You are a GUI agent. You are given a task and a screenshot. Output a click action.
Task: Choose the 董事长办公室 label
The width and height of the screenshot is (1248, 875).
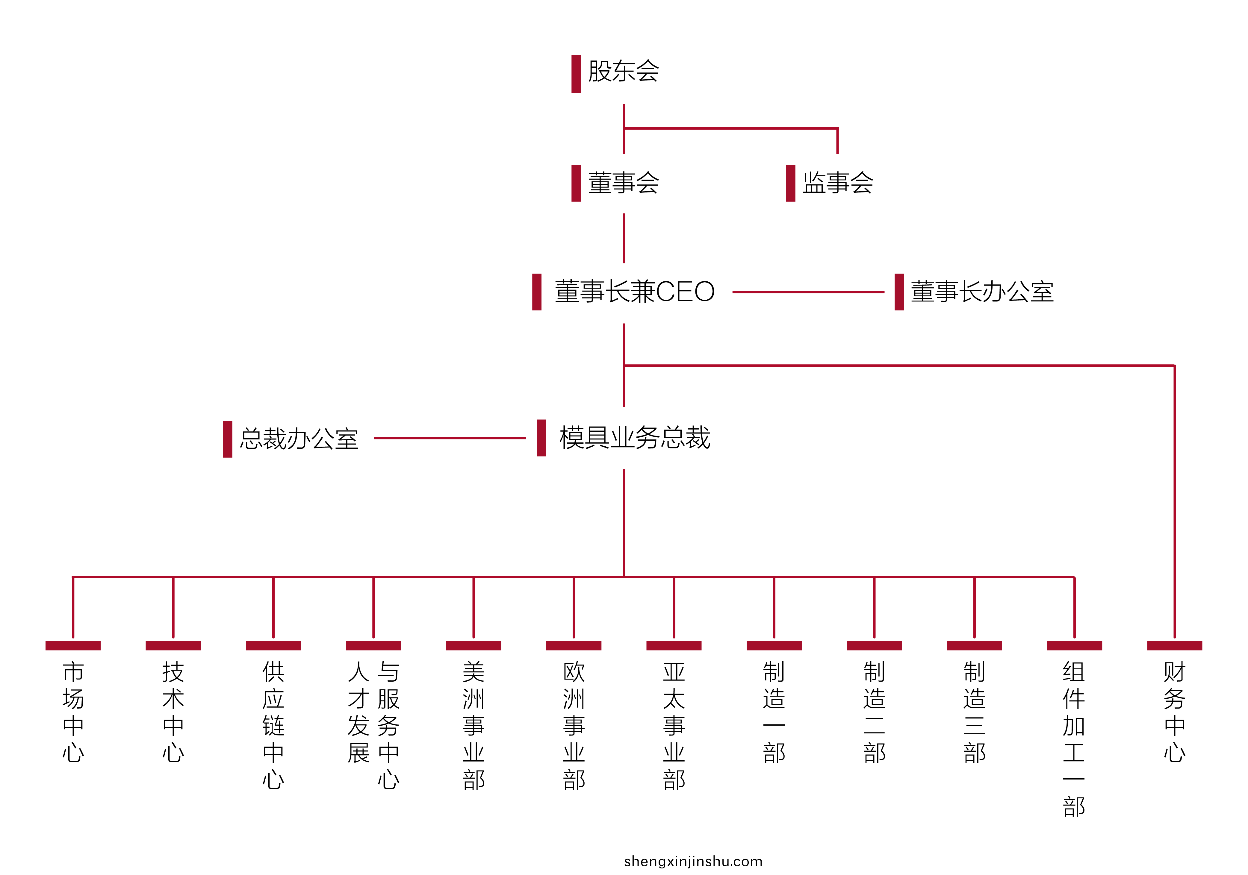click(982, 292)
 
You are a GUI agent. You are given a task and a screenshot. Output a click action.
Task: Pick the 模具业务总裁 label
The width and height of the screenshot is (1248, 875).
click(635, 438)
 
